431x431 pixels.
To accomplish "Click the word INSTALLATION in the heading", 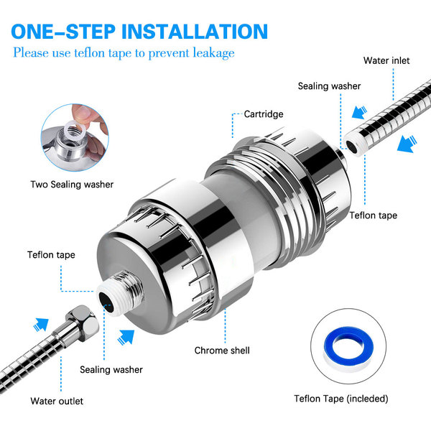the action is click(195, 32).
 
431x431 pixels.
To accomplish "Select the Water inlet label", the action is click(386, 60).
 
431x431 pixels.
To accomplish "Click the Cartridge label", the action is click(264, 114).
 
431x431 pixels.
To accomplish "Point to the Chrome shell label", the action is click(222, 351).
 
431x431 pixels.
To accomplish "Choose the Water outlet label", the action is click(57, 401).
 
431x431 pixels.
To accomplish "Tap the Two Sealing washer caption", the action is click(72, 185).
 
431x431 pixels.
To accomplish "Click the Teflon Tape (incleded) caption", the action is click(340, 399).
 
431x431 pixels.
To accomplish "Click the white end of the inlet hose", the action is click(356, 144).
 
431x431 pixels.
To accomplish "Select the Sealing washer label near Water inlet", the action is click(329, 86).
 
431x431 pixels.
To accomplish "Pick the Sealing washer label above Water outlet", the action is click(111, 370).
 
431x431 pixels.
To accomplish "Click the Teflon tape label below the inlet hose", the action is click(373, 215).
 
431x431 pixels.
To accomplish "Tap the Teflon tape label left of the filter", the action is click(51, 255).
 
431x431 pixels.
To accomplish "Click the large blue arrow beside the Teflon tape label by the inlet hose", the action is click(407, 144).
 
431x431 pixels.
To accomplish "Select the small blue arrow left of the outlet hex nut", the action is click(40, 325).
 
